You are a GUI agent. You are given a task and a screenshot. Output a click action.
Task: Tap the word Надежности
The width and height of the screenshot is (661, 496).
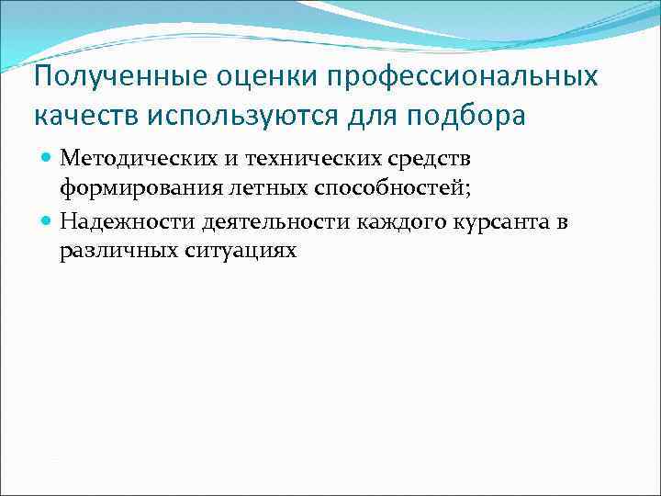point(116,222)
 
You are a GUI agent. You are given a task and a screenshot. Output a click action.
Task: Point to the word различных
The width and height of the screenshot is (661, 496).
point(109,252)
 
